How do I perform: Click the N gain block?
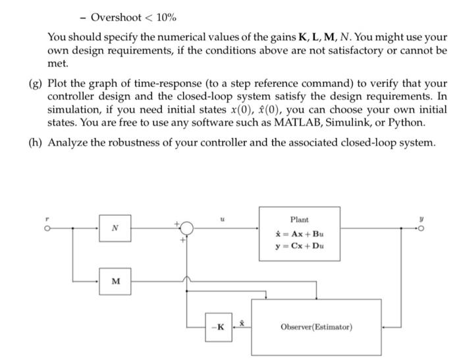pyautogui.click(x=115, y=228)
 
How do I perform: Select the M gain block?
pyautogui.click(x=115, y=281)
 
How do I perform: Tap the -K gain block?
pyautogui.click(x=219, y=326)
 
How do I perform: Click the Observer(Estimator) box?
pyautogui.click(x=317, y=326)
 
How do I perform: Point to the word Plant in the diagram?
pyautogui.click(x=299, y=219)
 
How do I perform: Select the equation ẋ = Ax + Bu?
pyautogui.click(x=300, y=234)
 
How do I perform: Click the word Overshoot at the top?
pyautogui.click(x=115, y=16)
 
